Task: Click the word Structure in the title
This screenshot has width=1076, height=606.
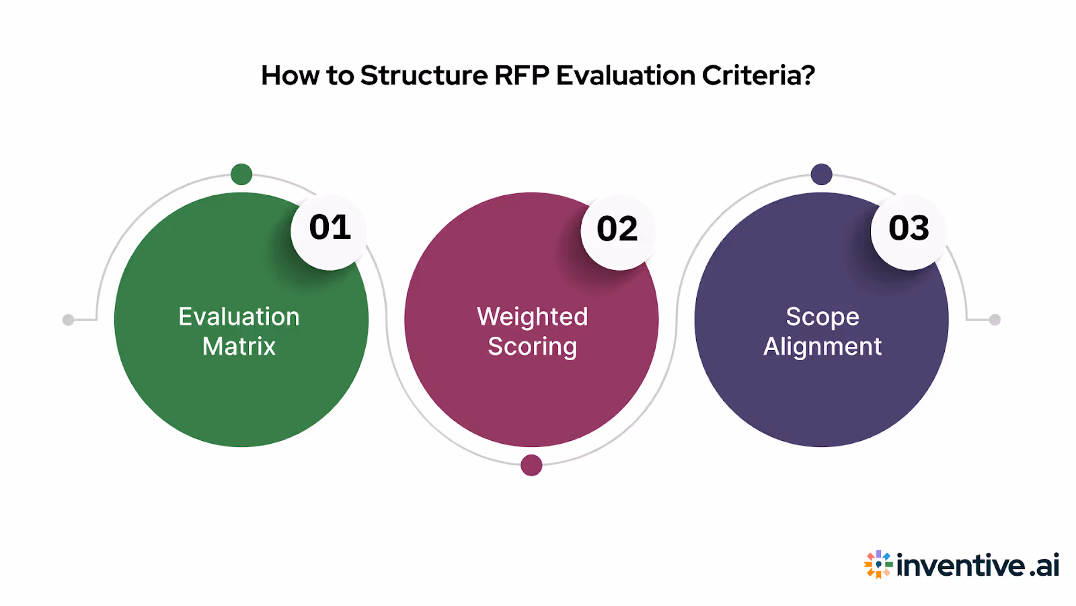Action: [424, 75]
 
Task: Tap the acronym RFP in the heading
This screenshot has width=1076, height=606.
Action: [521, 75]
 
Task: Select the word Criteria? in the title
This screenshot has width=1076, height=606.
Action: [759, 75]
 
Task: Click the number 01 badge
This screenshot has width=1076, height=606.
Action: [330, 229]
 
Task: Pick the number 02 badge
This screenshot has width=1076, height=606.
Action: [617, 230]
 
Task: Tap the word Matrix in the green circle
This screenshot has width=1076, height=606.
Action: [239, 347]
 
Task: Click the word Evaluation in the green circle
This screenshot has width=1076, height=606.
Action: [239, 316]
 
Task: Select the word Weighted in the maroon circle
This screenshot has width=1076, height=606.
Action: [532, 316]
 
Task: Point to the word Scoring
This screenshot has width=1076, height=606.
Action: [532, 347]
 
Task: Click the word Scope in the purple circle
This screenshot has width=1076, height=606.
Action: [822, 316]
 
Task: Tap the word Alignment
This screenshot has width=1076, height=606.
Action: [822, 347]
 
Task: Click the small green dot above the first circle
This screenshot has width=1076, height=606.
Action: [241, 174]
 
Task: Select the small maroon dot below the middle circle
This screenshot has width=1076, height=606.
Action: [531, 465]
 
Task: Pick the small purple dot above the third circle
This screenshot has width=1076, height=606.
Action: [821, 174]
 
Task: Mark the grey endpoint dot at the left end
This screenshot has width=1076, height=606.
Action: [68, 320]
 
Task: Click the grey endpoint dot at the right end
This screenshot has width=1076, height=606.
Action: [995, 320]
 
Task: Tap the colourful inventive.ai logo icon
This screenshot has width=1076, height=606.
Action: [878, 564]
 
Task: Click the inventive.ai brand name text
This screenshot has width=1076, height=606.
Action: [978, 566]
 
